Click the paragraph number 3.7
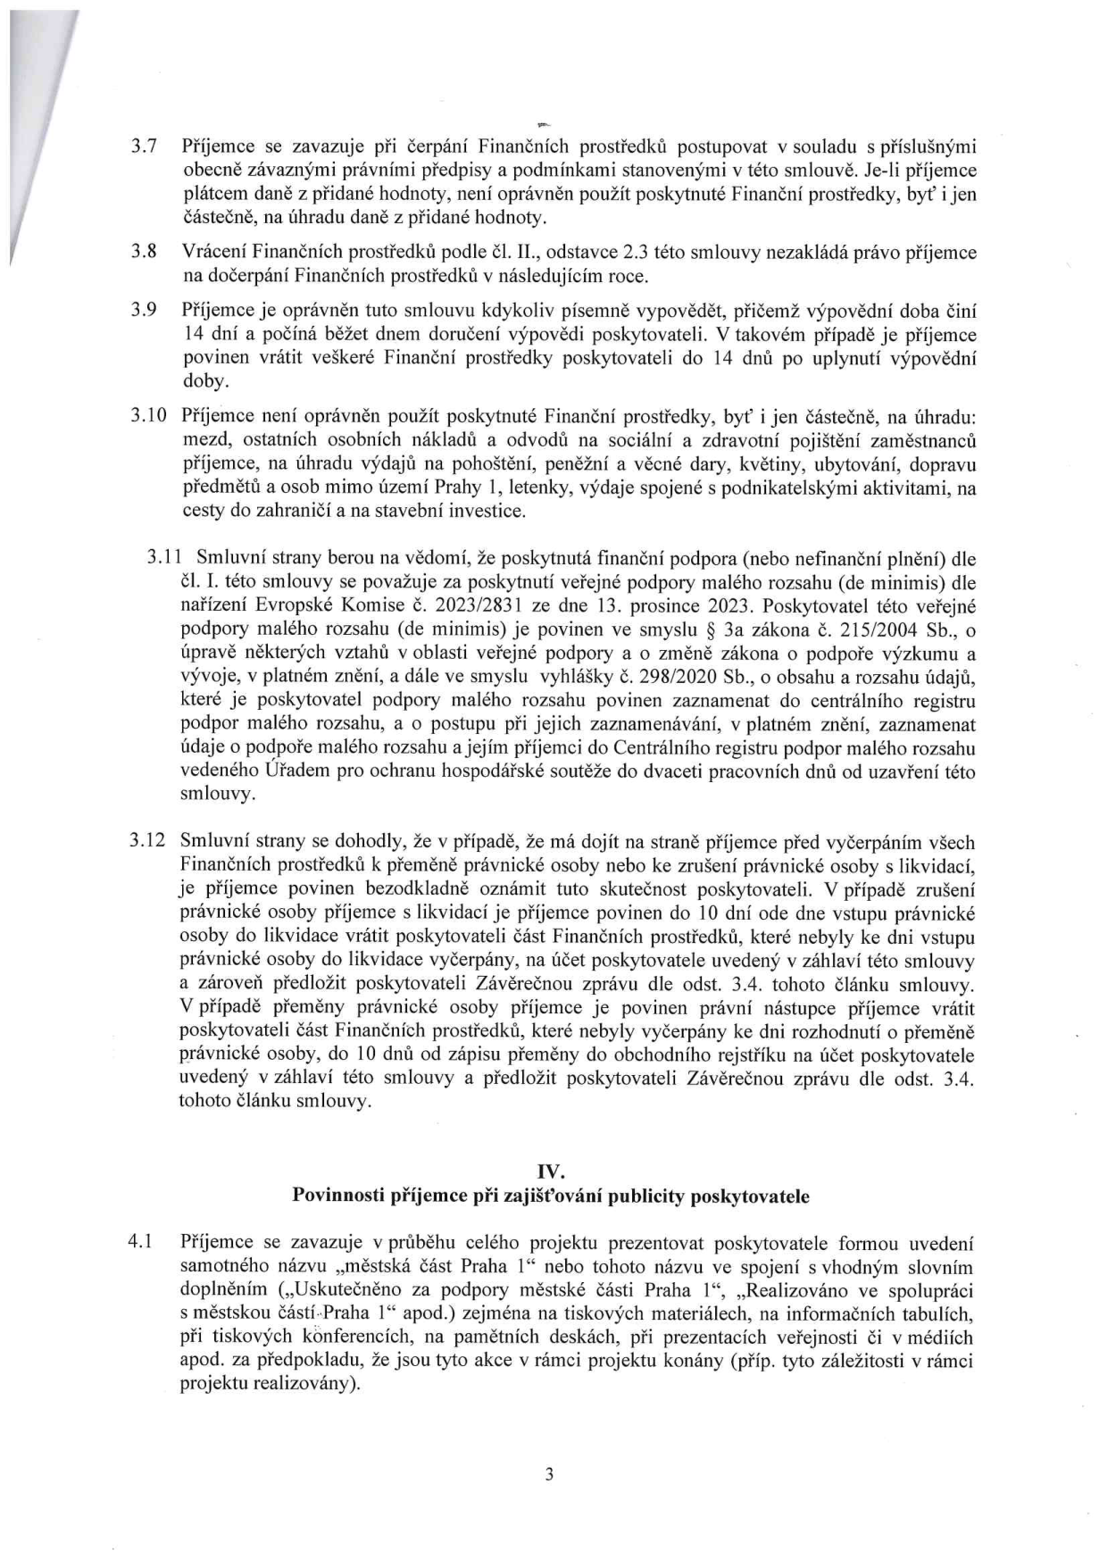pyautogui.click(x=144, y=146)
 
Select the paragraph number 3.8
pyautogui.click(x=144, y=253)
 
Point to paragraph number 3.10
pyautogui.click(x=147, y=416)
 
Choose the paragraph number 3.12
pyautogui.click(x=147, y=841)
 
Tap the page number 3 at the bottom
pyautogui.click(x=550, y=1474)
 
